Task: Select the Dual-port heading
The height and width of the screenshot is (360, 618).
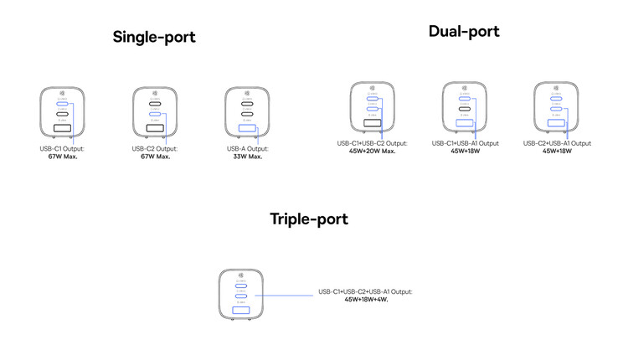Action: tap(463, 32)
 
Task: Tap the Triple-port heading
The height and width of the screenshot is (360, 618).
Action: tap(308, 219)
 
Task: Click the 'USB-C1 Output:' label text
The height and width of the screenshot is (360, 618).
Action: tap(62, 149)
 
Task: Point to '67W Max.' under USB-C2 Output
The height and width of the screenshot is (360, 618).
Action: tap(154, 157)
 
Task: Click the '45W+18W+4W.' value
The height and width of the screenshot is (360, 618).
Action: tap(365, 299)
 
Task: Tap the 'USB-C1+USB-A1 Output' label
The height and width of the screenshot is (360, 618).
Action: tap(465, 143)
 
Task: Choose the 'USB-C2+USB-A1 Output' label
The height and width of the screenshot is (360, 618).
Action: tap(557, 143)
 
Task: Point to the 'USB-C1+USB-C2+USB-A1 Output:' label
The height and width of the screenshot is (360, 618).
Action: tap(365, 291)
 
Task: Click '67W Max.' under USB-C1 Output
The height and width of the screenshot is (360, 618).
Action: tap(62, 157)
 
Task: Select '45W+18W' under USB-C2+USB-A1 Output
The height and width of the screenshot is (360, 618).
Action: tap(557, 151)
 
